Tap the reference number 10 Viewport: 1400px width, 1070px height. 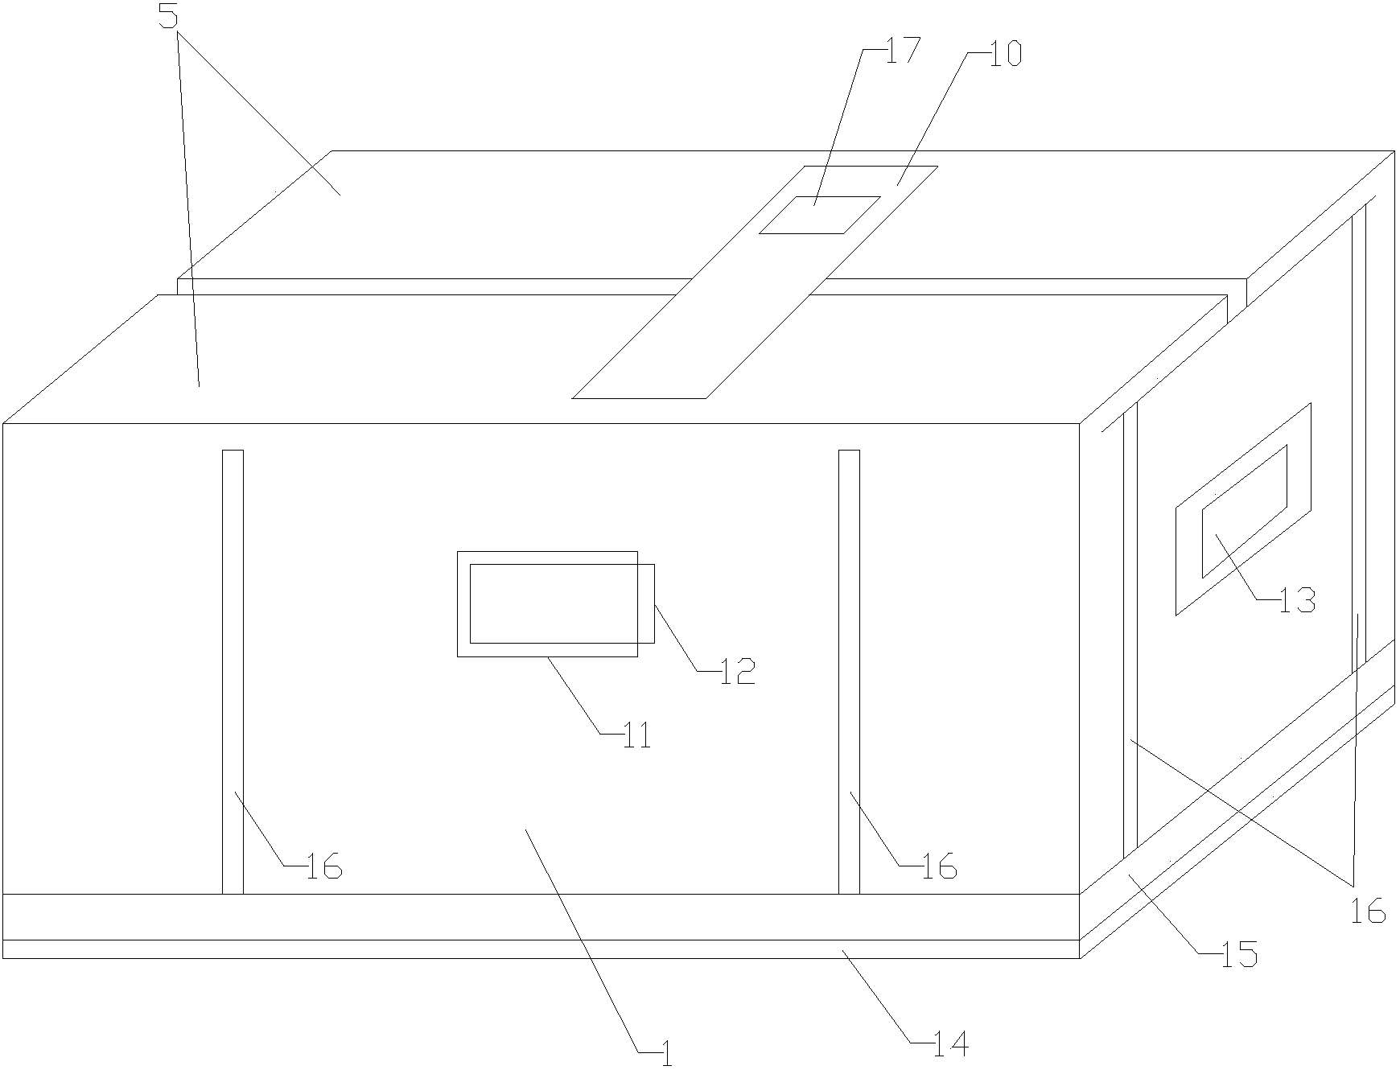(1006, 54)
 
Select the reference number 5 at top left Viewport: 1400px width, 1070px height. (168, 16)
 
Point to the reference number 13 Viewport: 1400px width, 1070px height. (1298, 600)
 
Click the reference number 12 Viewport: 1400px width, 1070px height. (738, 671)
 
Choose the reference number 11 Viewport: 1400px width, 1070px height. (636, 735)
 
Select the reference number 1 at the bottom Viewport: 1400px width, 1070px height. (665, 1054)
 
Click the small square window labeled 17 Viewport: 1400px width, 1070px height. (820, 215)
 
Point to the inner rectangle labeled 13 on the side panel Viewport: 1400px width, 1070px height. (1244, 511)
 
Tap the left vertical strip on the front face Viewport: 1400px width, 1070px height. (233, 672)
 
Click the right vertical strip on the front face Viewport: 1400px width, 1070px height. (849, 672)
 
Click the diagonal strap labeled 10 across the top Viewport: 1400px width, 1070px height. (755, 282)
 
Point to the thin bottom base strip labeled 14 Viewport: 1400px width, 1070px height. (540, 949)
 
